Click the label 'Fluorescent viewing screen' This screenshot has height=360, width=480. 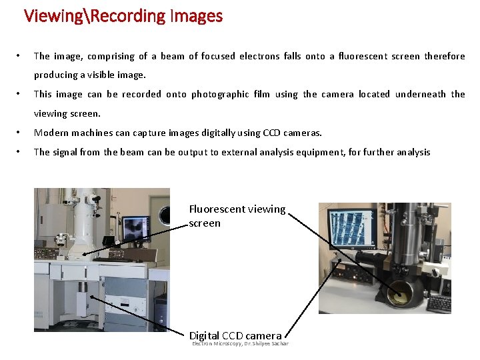point(237,216)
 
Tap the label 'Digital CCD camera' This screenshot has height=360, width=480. point(235,335)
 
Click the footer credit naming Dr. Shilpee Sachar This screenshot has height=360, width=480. point(240,344)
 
